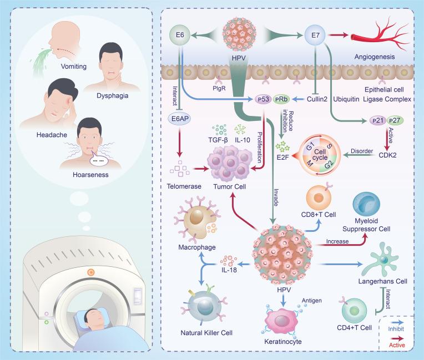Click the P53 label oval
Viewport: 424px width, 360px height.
[263, 99]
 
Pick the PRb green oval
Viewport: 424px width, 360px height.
[280, 99]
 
